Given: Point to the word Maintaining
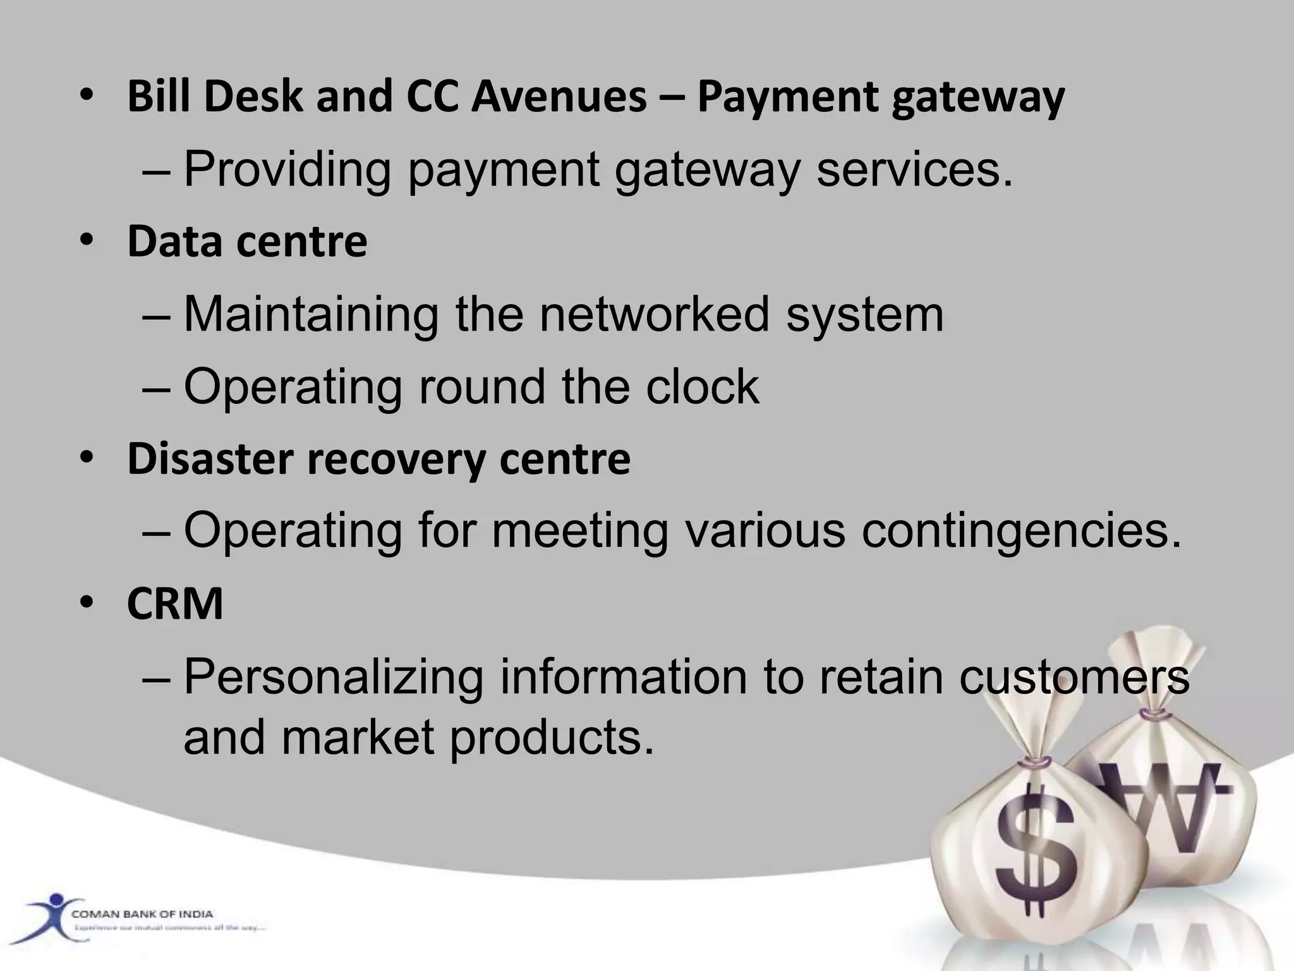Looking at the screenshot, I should coord(311,314).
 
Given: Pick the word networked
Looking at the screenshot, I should coord(654,314).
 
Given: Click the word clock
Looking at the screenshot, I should coord(702,386).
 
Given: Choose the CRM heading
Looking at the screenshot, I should coord(175,604).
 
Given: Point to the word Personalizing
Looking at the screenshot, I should coord(333,676).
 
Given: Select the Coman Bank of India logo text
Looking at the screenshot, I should coord(142,914).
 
